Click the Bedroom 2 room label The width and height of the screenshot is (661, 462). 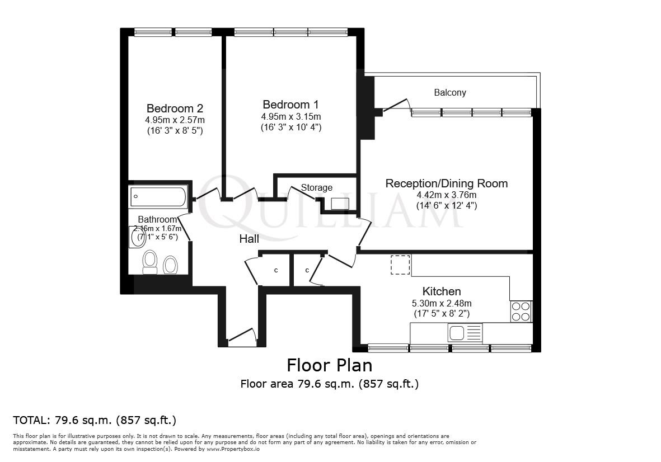(x=175, y=108)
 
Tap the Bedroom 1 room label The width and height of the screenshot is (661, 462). (x=290, y=105)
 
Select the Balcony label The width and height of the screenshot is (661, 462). (x=450, y=92)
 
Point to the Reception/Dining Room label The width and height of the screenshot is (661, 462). (x=447, y=183)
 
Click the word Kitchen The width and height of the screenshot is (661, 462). (x=442, y=291)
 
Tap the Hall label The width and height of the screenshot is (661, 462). (x=249, y=239)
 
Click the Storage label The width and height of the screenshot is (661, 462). (x=317, y=187)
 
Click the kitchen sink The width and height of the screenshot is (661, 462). (x=465, y=333)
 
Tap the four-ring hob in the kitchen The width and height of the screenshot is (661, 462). (x=521, y=312)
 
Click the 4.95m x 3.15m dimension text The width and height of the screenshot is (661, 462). (x=290, y=116)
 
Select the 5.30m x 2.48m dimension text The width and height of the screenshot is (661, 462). (x=442, y=304)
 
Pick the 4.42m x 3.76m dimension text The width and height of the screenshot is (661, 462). (x=447, y=195)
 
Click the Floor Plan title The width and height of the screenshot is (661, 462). (x=329, y=365)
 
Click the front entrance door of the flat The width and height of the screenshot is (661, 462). (x=241, y=336)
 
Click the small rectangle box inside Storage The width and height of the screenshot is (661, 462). (x=340, y=204)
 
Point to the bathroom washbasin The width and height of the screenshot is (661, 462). (x=136, y=237)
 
